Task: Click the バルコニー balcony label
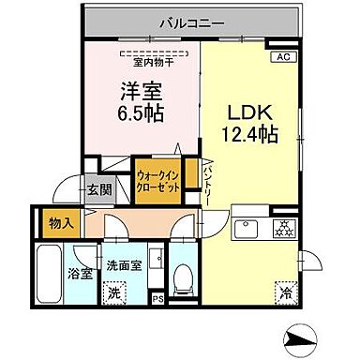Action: [189, 20]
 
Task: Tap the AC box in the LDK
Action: [281, 56]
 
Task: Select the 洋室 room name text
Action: [141, 93]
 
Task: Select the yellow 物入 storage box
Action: [56, 223]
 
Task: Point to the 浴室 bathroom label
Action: [78, 274]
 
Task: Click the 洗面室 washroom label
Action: [123, 265]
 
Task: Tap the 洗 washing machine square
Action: [113, 292]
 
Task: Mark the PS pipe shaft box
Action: [157, 300]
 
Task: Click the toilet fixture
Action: [186, 276]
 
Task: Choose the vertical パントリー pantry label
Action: [205, 183]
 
